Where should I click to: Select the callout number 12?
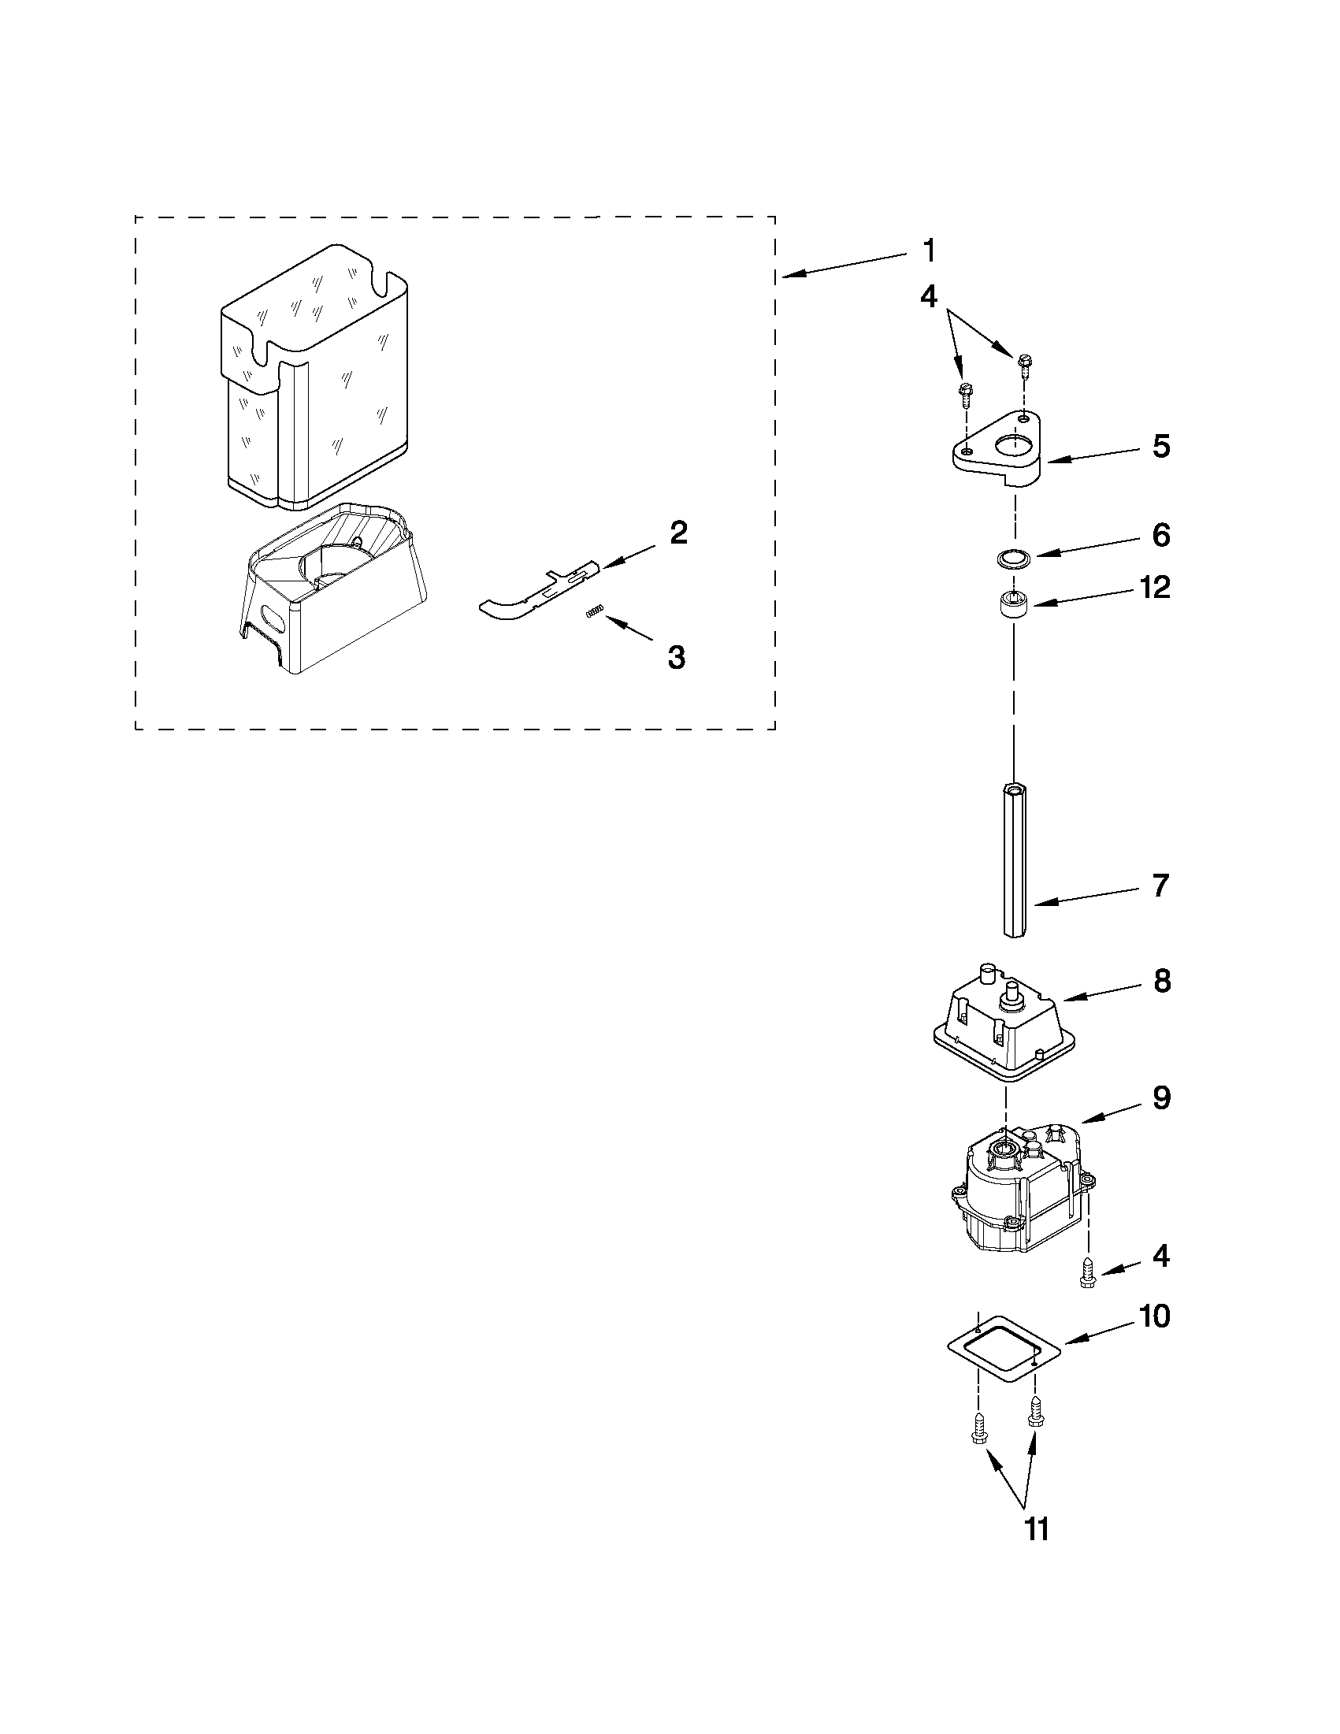click(1154, 589)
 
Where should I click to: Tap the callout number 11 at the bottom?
click(1037, 1528)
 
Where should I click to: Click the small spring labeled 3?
click(596, 610)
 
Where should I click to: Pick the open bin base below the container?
click(333, 588)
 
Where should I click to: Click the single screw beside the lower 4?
click(1086, 1277)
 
